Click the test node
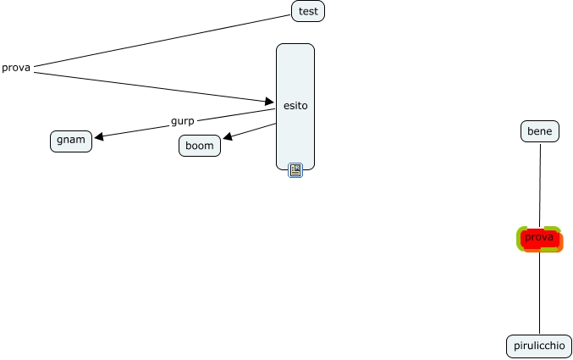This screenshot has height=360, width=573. (x=308, y=11)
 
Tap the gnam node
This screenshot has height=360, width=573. (x=71, y=140)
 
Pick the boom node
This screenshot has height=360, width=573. (x=200, y=146)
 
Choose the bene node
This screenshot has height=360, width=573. (x=539, y=131)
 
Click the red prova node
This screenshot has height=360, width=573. (x=539, y=239)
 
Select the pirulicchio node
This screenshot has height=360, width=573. (x=539, y=346)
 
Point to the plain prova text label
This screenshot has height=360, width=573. (x=16, y=68)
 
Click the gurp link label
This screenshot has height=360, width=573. (x=182, y=121)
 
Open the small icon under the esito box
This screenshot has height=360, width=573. (x=295, y=170)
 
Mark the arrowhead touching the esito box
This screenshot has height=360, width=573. (x=270, y=102)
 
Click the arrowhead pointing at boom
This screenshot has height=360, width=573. (x=228, y=138)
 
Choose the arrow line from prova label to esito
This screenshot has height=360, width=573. (x=152, y=86)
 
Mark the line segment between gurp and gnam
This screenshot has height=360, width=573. (x=135, y=130)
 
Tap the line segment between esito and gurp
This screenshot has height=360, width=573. (x=237, y=114)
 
